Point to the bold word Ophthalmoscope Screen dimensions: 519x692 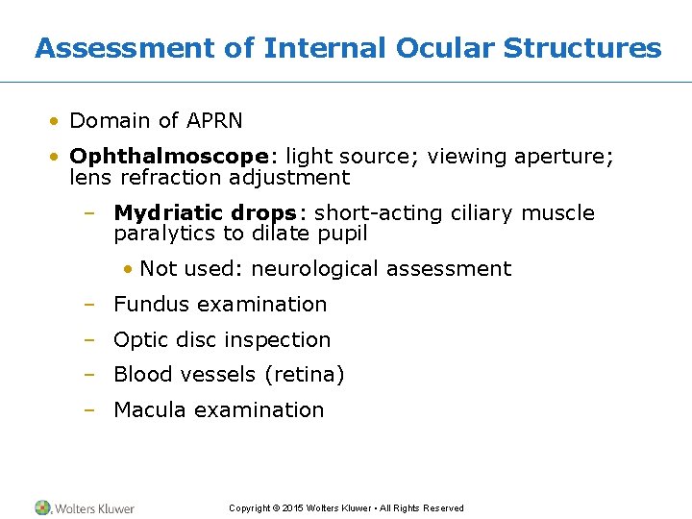[x=167, y=157]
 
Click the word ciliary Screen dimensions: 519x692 [x=480, y=213]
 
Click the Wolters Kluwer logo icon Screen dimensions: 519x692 [x=43, y=507]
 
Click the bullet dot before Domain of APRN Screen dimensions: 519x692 [x=57, y=121]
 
